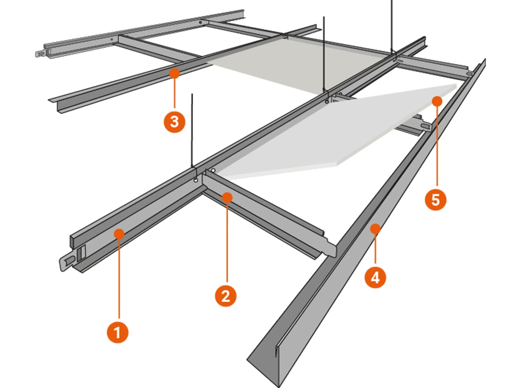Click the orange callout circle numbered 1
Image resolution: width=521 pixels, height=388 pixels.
(x=118, y=332)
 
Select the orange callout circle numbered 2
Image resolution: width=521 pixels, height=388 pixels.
(x=226, y=295)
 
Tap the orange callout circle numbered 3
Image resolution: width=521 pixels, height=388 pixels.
(x=174, y=121)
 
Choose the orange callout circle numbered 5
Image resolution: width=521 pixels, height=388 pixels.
(x=436, y=199)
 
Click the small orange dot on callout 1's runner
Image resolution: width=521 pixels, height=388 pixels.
(x=119, y=234)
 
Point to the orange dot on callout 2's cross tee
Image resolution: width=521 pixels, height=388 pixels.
(x=227, y=197)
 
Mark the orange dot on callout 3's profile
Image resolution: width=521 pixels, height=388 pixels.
(x=174, y=73)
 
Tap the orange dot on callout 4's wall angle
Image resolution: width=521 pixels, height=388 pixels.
(x=375, y=229)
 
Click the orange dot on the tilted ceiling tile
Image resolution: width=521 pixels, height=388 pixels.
(x=437, y=101)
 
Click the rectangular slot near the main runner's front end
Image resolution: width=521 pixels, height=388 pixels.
(x=82, y=252)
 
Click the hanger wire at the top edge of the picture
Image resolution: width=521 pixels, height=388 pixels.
(x=392, y=25)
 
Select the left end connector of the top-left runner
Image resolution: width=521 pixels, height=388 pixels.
(x=40, y=53)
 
